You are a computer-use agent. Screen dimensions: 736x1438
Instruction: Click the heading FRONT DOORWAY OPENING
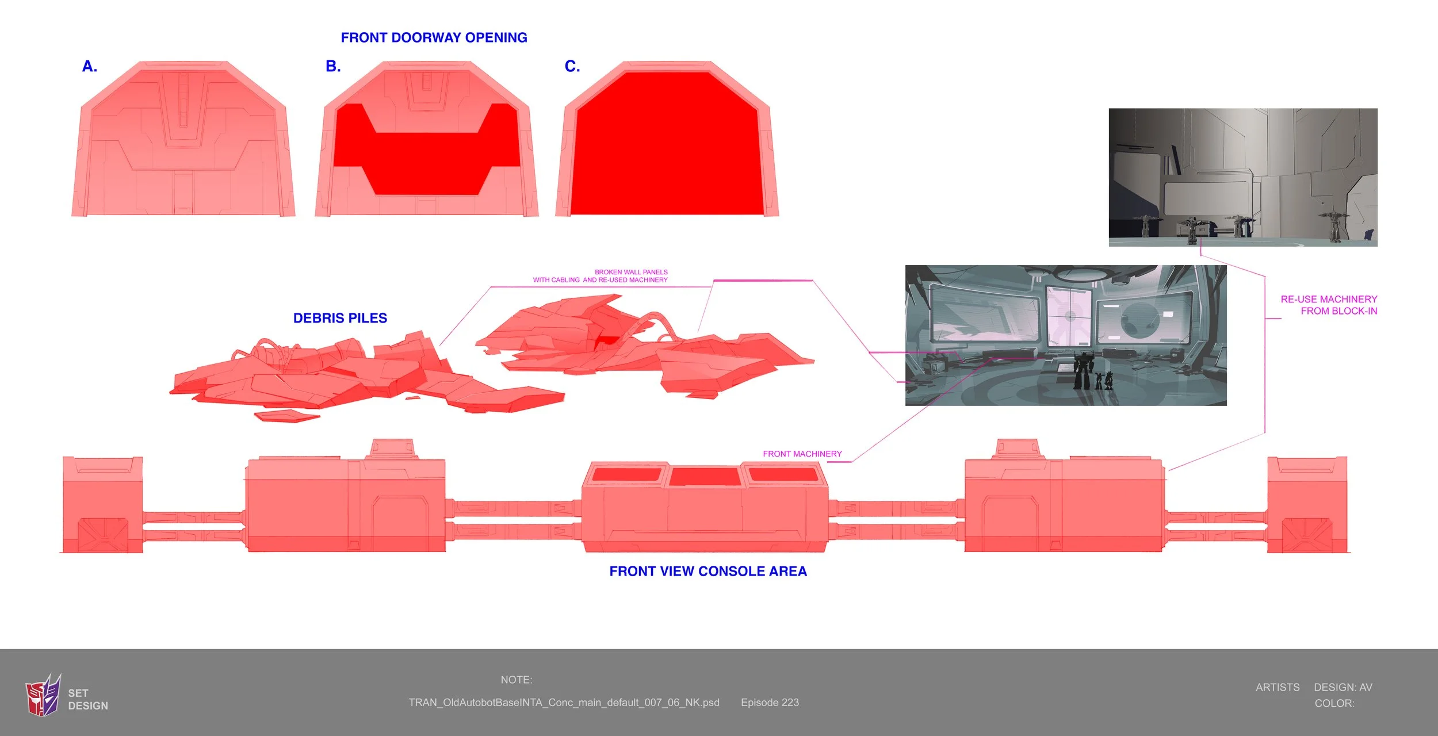(x=434, y=38)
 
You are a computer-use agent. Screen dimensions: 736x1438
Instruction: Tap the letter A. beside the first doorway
(x=90, y=67)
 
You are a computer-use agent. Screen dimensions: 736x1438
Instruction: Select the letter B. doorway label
(x=333, y=67)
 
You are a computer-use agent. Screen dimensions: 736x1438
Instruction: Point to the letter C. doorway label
(x=572, y=67)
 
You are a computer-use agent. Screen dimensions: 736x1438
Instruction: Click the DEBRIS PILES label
(x=340, y=318)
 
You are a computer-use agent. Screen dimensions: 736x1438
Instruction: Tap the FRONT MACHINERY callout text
(x=802, y=454)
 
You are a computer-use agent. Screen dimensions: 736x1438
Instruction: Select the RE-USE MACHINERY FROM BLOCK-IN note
(x=1329, y=305)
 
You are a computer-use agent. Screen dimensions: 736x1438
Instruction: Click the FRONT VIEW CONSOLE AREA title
(x=708, y=571)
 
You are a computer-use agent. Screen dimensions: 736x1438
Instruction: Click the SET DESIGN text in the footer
(x=87, y=699)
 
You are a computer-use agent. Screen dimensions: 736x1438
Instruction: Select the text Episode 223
(x=770, y=703)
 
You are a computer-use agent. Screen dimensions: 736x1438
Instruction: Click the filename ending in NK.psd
(x=564, y=703)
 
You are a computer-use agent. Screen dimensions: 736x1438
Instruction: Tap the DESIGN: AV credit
(x=1343, y=688)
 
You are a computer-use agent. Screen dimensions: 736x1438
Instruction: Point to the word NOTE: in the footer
(x=517, y=680)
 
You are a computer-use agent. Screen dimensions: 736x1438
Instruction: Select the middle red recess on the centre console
(x=705, y=477)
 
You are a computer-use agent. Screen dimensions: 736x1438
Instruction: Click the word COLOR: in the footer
(x=1334, y=704)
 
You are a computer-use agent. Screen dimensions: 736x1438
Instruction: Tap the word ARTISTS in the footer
(x=1278, y=688)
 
